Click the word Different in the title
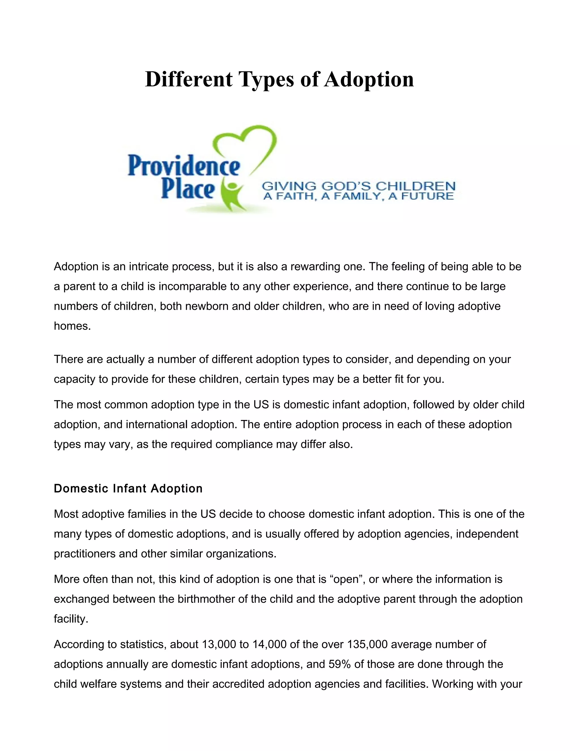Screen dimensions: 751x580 pyautogui.click(x=189, y=79)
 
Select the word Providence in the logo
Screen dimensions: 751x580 pyautogui.click(x=184, y=167)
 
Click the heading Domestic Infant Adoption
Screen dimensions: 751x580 pyautogui.click(x=128, y=488)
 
